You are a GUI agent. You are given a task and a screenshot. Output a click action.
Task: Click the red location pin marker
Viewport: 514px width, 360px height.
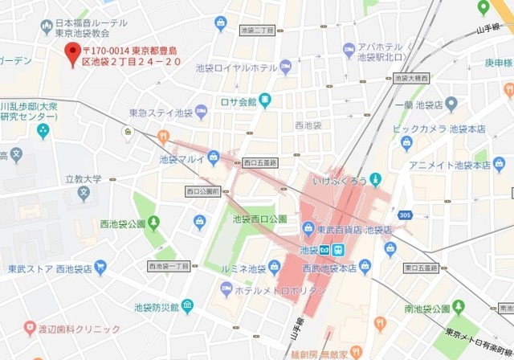click(x=74, y=55)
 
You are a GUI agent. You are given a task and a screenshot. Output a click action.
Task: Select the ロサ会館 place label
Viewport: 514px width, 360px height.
click(x=238, y=102)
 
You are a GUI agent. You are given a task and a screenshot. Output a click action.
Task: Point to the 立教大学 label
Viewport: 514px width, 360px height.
click(x=84, y=179)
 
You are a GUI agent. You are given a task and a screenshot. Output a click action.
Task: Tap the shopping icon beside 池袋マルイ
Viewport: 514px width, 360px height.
click(x=213, y=157)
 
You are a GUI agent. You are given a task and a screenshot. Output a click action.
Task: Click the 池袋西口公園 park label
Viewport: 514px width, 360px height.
click(x=259, y=219)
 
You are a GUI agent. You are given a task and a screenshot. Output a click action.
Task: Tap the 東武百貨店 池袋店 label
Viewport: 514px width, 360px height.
click(x=353, y=229)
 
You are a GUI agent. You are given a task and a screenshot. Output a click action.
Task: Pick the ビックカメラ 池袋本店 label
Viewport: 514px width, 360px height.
click(x=454, y=129)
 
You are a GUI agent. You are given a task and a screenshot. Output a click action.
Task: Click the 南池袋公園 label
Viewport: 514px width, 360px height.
click(x=426, y=308)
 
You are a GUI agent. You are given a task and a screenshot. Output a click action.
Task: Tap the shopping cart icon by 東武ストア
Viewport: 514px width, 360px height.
click(x=100, y=268)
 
